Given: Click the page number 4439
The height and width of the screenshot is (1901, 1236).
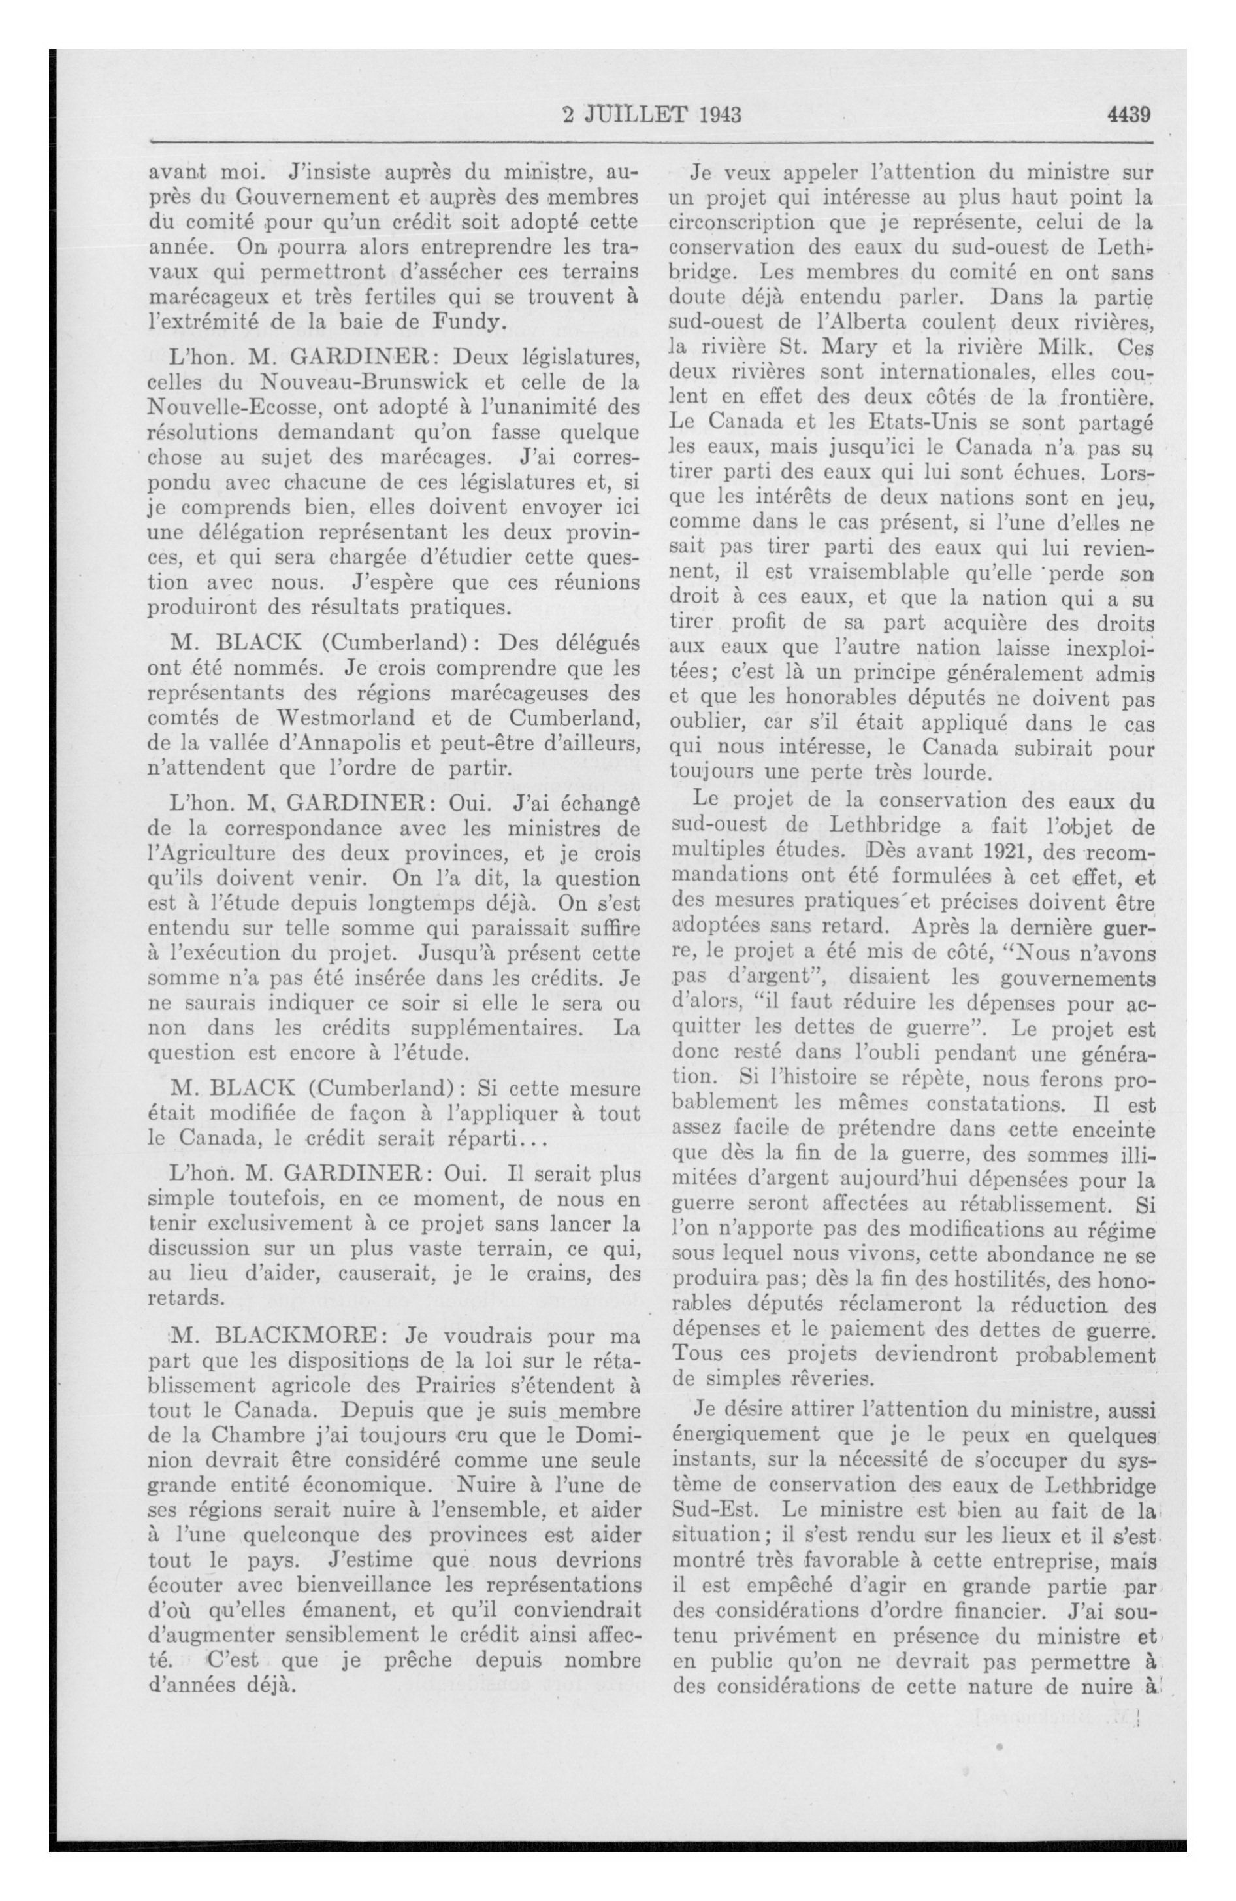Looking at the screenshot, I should tap(1128, 114).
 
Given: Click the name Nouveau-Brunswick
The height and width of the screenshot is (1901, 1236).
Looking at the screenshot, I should tap(344, 382).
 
